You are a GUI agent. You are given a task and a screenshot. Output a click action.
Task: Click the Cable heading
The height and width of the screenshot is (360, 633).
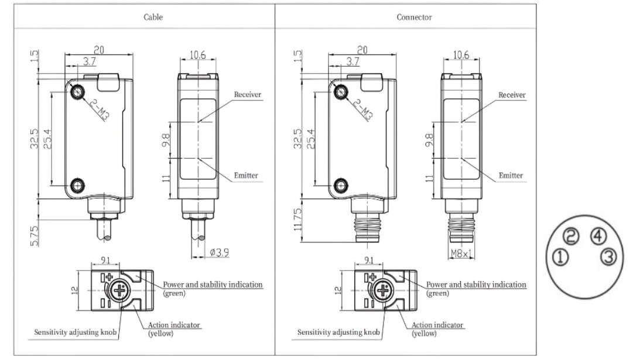(x=153, y=17)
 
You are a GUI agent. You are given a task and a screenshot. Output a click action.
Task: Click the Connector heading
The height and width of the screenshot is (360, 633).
(x=414, y=17)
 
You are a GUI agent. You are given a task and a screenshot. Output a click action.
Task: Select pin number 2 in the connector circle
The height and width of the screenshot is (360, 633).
(x=572, y=236)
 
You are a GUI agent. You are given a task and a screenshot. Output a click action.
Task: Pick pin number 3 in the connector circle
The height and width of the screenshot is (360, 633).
(x=609, y=256)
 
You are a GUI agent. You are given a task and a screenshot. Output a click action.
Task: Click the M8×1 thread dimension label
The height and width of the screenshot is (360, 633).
(x=462, y=253)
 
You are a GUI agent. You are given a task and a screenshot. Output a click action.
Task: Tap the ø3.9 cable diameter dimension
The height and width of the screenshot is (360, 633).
(x=219, y=252)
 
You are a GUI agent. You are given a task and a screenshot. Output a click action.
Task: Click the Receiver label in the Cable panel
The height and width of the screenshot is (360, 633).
(x=247, y=95)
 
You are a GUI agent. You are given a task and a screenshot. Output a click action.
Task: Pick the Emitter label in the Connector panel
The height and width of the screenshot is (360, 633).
(x=511, y=175)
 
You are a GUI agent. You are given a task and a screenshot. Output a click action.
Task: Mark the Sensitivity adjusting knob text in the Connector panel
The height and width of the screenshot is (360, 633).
(x=338, y=332)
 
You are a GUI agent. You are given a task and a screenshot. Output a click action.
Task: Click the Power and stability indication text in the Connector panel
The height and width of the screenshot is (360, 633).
(x=476, y=284)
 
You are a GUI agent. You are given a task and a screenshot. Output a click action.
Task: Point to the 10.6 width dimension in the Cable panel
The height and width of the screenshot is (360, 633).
(x=198, y=54)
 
